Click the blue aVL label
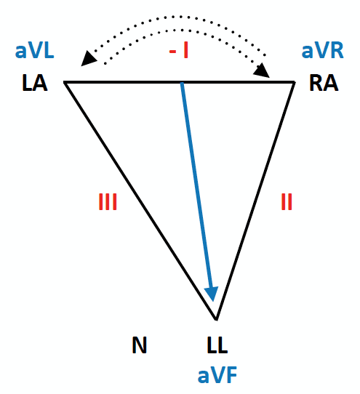(x=34, y=51)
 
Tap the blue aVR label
(x=322, y=51)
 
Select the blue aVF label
(x=217, y=375)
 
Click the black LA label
(x=34, y=83)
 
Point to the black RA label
(x=324, y=83)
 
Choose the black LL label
(x=217, y=345)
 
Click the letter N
(x=140, y=345)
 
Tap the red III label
(x=108, y=201)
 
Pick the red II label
(x=287, y=201)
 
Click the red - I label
(x=179, y=51)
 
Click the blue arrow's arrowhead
(x=212, y=294)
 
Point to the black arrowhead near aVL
(x=88, y=58)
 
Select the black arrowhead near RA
(x=262, y=71)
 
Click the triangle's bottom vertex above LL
(x=216, y=320)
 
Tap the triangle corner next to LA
(x=64, y=82)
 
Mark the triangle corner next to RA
(x=294, y=82)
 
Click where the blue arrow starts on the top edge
(x=182, y=82)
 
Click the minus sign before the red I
(x=172, y=52)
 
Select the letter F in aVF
(x=232, y=375)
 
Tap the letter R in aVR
(x=337, y=51)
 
